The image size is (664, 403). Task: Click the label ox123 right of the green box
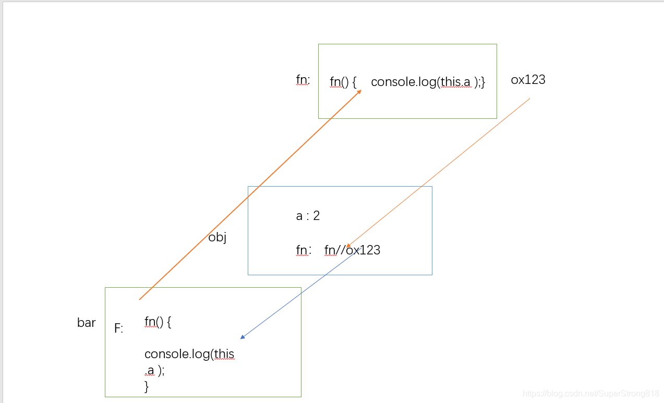click(x=528, y=80)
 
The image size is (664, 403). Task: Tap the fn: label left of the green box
click(x=303, y=80)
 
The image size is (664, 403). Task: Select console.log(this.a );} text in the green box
click(x=428, y=82)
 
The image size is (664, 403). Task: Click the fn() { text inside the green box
click(x=343, y=82)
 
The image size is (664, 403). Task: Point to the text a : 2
click(x=308, y=216)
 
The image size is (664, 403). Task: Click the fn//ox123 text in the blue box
click(x=352, y=250)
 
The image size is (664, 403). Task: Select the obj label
click(x=217, y=238)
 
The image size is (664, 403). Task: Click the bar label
click(x=87, y=323)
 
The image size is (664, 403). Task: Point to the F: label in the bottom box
click(x=119, y=328)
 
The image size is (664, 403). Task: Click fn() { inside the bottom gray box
click(x=158, y=322)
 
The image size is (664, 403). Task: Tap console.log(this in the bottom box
click(x=189, y=354)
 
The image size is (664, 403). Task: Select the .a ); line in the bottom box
click(x=155, y=371)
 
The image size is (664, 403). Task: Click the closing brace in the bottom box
click(x=147, y=386)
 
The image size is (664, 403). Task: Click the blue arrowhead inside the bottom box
click(x=243, y=337)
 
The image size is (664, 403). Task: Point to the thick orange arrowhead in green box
click(x=359, y=92)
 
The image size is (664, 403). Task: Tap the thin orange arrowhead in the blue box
click(x=348, y=246)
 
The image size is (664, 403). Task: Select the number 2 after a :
click(x=316, y=216)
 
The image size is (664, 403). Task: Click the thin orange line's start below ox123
click(x=529, y=99)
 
